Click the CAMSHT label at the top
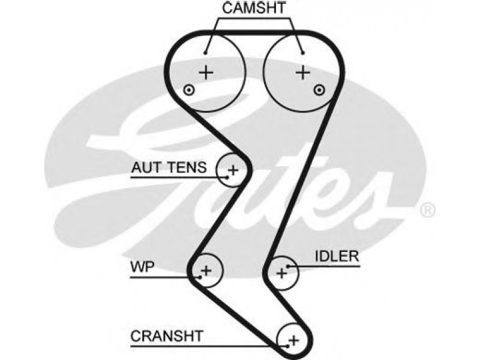coord(254,8)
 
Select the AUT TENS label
coord(169,167)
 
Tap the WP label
coord(142,267)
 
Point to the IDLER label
coord(337,256)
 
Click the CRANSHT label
coord(167,336)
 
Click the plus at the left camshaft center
coord(206,73)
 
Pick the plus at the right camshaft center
coord(303,73)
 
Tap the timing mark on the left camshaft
coord(189,90)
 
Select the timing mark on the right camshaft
coord(319,90)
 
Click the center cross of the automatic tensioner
coord(233,170)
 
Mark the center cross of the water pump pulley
coord(206,271)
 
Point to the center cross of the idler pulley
coord(281,273)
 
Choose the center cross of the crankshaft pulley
coord(293,340)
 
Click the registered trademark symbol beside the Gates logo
coord(427,211)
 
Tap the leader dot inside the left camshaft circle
coord(206,53)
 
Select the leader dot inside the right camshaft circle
coord(303,53)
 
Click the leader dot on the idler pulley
coord(288,266)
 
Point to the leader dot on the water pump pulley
coord(200,277)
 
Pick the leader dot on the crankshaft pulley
coord(288,347)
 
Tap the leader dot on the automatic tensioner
coord(227,177)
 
